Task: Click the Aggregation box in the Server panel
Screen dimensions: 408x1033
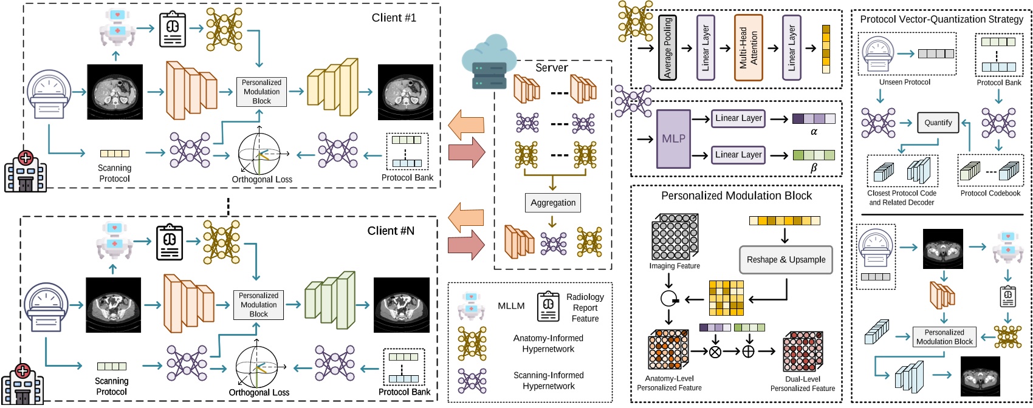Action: click(552, 203)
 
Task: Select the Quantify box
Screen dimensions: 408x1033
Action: click(938, 123)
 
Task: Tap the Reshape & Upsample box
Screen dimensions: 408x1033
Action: click(786, 260)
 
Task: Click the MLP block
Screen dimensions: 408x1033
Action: click(673, 139)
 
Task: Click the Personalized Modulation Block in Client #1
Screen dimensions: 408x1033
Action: click(261, 92)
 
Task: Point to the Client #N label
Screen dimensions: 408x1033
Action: click(391, 231)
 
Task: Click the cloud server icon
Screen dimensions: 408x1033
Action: click(484, 61)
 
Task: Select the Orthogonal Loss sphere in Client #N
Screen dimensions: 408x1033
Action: click(256, 367)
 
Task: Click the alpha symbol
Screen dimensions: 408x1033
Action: click(814, 132)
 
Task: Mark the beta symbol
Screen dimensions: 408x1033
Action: click(814, 168)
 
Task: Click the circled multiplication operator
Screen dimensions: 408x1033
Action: click(715, 351)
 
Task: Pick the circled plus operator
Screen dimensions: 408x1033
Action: click(749, 351)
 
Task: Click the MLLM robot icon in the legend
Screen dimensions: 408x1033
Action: click(472, 306)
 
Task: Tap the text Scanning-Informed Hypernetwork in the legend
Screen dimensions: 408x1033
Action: click(548, 381)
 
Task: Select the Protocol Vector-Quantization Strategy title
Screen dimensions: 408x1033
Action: click(941, 19)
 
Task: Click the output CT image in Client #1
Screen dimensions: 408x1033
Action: click(405, 92)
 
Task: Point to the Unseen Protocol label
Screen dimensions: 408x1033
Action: click(904, 82)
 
